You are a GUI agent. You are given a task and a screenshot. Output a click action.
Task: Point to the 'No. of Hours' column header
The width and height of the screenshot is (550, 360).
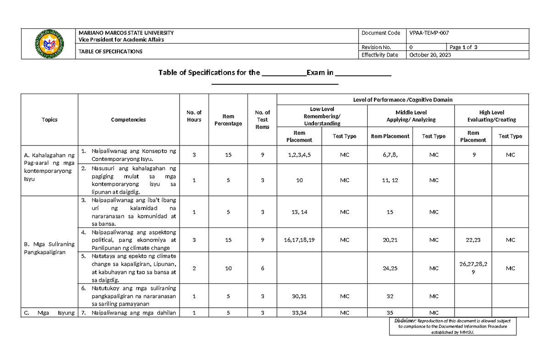194,116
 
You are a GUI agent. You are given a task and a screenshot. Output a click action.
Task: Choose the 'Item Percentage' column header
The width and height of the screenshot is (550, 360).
228,120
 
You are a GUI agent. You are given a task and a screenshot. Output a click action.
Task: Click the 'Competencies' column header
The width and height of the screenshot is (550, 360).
128,120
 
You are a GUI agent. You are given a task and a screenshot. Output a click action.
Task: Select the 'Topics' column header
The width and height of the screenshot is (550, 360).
49,120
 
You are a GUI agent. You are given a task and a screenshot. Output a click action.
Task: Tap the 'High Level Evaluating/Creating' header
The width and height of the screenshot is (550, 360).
491,116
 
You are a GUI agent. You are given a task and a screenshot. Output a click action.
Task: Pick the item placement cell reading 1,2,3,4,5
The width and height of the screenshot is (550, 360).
299,155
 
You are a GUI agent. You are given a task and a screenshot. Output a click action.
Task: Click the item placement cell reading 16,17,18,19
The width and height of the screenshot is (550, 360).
299,240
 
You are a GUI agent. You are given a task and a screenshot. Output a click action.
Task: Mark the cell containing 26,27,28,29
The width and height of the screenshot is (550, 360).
473,268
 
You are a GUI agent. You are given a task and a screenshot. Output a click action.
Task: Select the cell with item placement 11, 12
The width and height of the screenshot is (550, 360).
390,180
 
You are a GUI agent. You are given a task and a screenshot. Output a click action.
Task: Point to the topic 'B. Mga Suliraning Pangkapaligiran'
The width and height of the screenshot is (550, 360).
49,249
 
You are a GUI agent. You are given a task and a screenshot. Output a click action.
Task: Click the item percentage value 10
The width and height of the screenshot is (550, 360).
228,268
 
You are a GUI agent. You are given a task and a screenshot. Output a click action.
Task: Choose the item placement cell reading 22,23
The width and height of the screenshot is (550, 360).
473,240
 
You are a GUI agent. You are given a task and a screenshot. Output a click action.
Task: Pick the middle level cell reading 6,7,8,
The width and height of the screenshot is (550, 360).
390,155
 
